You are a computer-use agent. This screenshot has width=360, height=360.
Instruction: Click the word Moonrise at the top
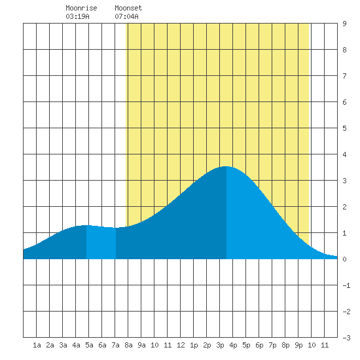tap(81, 8)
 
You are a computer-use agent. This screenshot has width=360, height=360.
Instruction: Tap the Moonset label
tap(128, 8)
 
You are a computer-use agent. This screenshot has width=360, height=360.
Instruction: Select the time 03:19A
tap(77, 16)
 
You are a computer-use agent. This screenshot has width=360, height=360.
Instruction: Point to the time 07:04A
tap(126, 16)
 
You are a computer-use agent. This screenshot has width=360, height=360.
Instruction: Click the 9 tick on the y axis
tap(344, 24)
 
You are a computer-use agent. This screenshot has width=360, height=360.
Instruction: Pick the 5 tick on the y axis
tap(344, 128)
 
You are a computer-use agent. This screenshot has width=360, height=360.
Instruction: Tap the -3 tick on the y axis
tap(346, 338)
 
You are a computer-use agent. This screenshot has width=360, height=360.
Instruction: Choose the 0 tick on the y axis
tap(344, 259)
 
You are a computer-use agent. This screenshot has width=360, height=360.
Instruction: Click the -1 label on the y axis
tap(346, 285)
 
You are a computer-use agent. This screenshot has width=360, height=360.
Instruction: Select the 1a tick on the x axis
tap(37, 345)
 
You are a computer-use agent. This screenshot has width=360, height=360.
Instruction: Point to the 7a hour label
tap(115, 345)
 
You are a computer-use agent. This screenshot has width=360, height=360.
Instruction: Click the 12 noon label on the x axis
tap(181, 345)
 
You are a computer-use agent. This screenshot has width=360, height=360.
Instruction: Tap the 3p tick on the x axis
tap(220, 345)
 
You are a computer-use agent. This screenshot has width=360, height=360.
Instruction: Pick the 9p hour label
tap(298, 345)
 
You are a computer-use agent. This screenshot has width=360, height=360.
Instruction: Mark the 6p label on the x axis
tap(259, 345)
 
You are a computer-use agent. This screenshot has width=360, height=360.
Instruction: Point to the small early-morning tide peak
tap(86, 225)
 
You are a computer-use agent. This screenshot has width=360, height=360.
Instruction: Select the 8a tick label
tap(128, 345)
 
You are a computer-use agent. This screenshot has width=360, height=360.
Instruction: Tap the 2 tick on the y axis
tap(344, 207)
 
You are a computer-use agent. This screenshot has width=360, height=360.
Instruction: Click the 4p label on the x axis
tap(233, 345)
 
